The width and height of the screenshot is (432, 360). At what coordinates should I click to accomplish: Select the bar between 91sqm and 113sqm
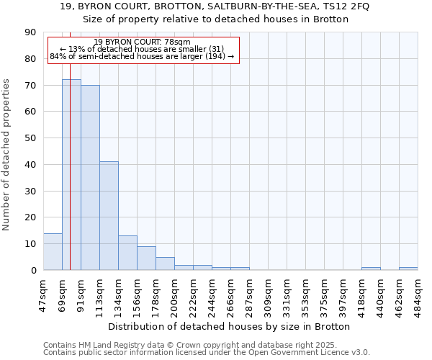point(90,177)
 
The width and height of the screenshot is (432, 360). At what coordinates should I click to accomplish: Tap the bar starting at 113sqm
point(109,215)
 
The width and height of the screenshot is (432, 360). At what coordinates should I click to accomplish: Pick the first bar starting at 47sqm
point(53,251)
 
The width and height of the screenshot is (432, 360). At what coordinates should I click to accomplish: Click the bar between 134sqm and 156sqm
point(127,253)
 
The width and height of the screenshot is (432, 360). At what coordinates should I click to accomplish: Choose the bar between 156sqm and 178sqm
point(146,258)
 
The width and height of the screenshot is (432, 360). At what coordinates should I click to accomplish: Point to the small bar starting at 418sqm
point(371,269)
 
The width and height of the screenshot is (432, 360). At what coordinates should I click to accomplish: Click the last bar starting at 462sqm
point(408,269)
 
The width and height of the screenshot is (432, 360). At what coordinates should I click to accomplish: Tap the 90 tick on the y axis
point(30,32)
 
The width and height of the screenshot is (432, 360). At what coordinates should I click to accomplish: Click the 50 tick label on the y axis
point(30,138)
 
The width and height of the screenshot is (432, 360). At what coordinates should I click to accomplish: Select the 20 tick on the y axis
point(30,217)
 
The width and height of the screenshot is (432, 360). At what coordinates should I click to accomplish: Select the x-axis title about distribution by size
point(230,326)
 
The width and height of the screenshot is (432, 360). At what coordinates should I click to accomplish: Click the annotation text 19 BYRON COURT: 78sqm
point(142,42)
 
